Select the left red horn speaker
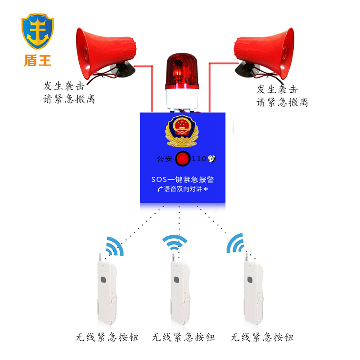(103, 52)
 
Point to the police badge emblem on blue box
(182, 130)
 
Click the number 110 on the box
(199, 159)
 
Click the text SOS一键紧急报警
(182, 179)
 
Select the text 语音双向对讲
(182, 189)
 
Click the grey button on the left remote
(103, 280)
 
